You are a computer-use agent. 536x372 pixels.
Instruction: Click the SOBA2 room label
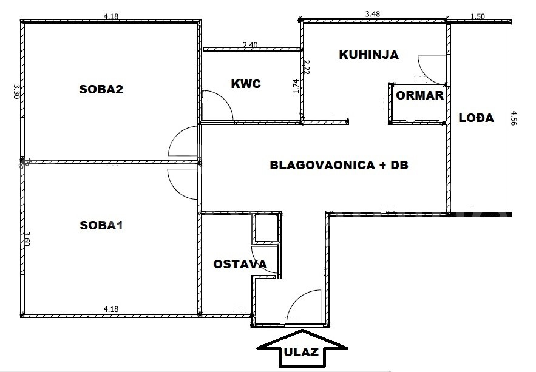pos(101,89)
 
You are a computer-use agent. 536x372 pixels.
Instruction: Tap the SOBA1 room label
pos(101,226)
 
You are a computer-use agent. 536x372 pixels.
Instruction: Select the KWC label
pos(246,84)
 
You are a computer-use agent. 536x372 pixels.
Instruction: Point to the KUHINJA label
pos(369,55)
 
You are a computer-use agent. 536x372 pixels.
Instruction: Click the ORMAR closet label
pos(420,95)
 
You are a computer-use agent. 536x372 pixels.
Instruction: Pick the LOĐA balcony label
pos(476,118)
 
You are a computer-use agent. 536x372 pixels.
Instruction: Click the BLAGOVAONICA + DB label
pos(339,165)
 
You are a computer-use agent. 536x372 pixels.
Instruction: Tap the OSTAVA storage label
pos(240,264)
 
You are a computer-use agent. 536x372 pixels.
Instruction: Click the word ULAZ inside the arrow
pos(302,352)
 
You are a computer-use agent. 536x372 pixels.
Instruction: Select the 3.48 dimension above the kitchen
pos(373,14)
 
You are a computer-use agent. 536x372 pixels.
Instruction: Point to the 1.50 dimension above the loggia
pos(478,16)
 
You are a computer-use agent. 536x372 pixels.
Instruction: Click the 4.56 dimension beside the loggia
pos(513,118)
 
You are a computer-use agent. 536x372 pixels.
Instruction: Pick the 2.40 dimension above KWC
pos(250,45)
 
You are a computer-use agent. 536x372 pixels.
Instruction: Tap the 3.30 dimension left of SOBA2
pos(16,92)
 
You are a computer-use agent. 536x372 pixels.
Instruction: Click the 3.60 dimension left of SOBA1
pos(28,238)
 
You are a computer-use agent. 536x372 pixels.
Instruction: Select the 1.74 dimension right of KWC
pos(296,86)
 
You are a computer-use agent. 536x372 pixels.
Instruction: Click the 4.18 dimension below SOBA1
pos(110,309)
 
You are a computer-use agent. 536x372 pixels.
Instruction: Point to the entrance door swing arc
pos(297,297)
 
